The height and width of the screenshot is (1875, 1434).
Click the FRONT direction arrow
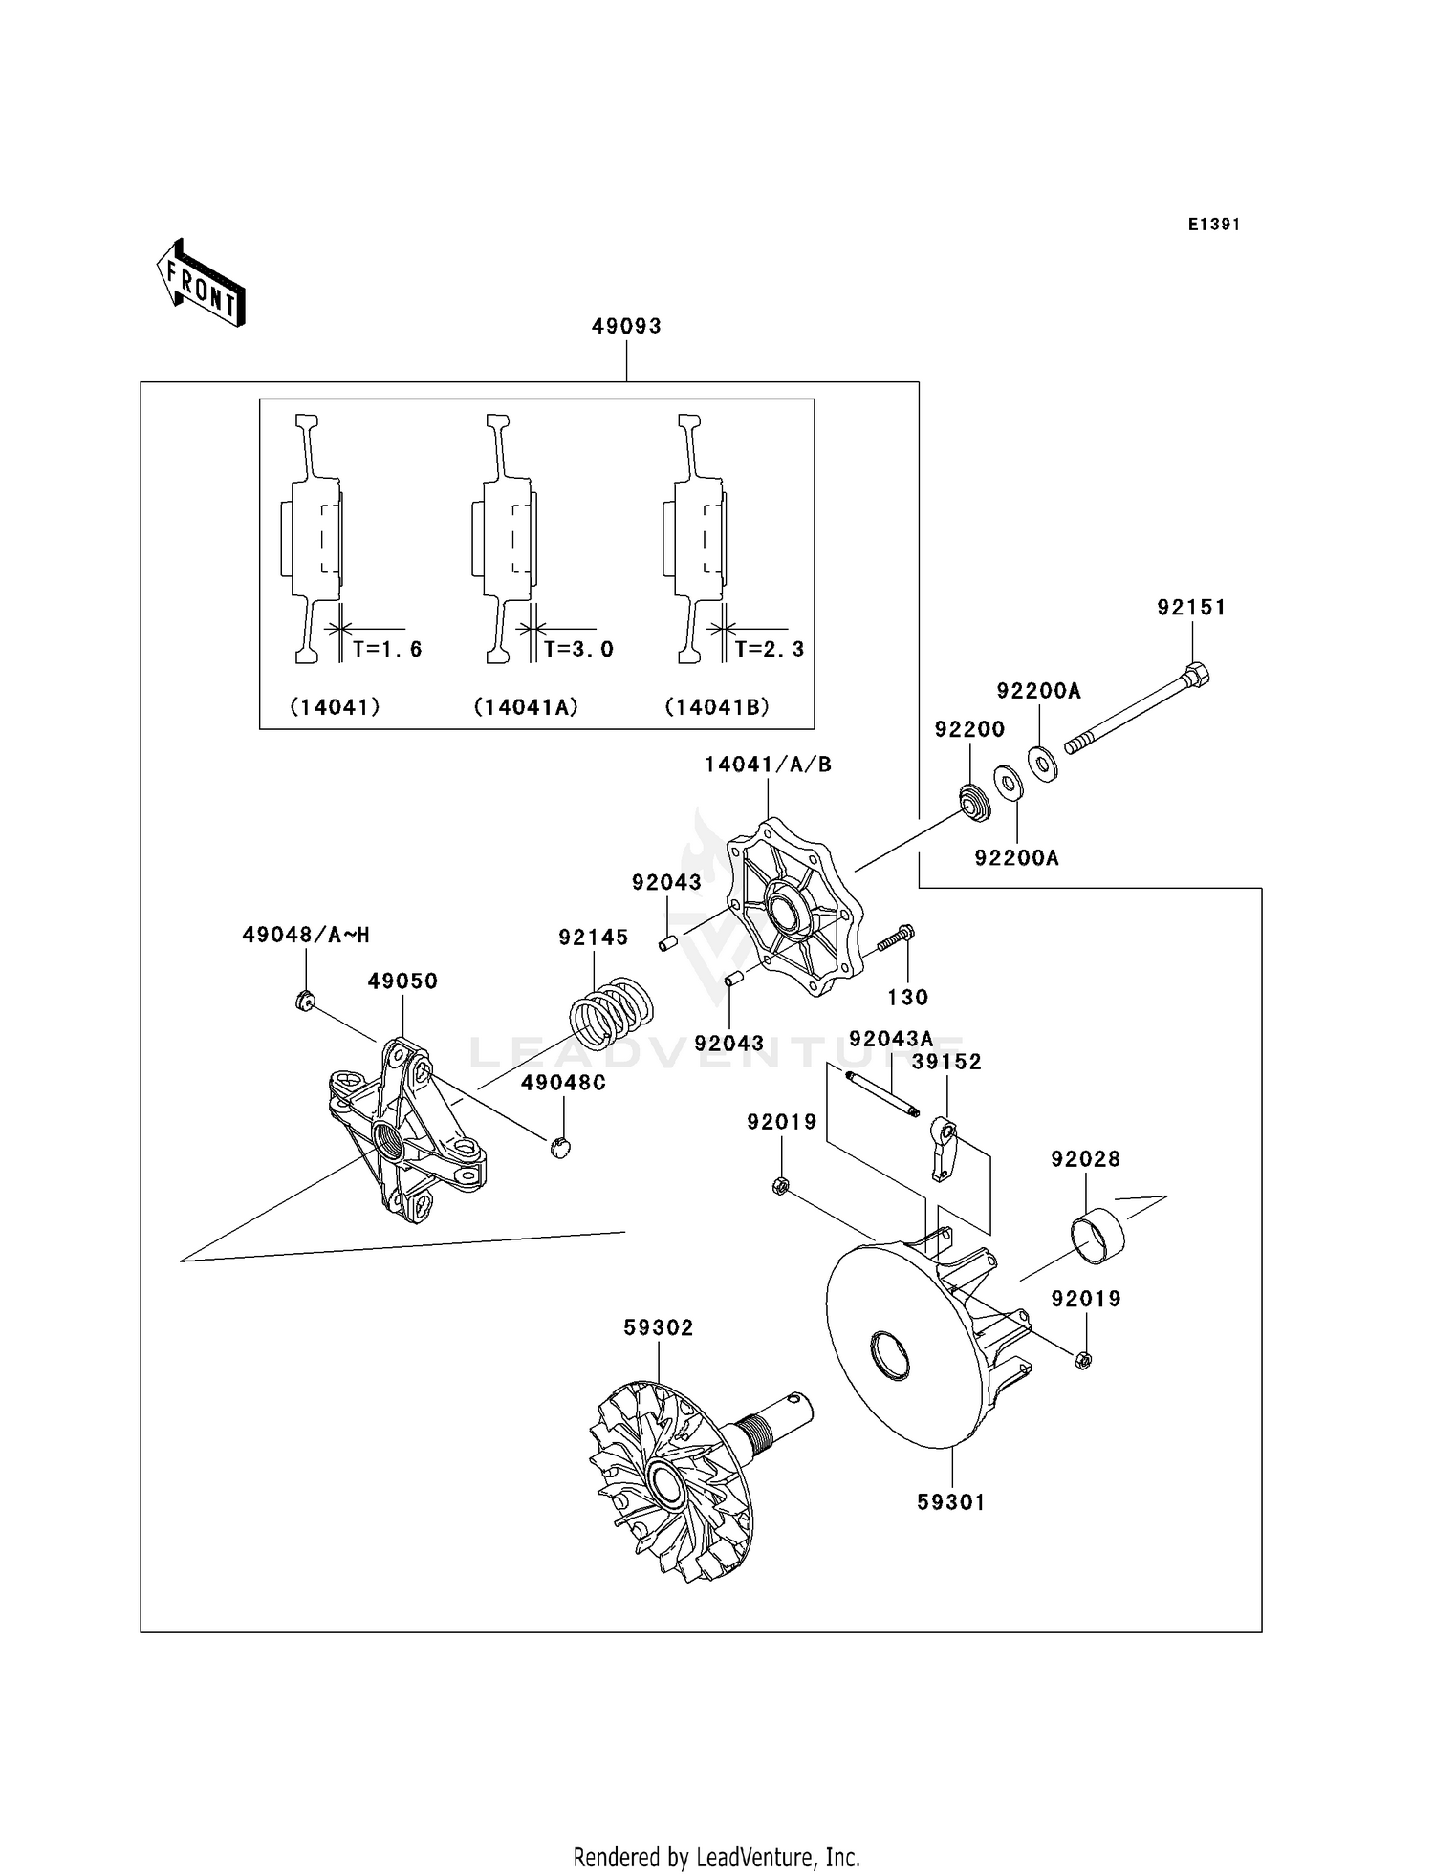click(x=201, y=284)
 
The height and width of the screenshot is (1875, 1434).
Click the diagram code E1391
click(x=1213, y=225)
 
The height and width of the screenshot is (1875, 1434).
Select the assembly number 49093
click(x=626, y=326)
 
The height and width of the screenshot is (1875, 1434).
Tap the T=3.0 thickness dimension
click(x=577, y=649)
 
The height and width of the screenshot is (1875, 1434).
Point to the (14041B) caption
click(x=717, y=707)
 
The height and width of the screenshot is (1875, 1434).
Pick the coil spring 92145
click(x=612, y=1013)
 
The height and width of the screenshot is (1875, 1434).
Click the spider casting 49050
click(x=406, y=1132)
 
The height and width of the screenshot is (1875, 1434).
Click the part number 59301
click(x=950, y=1502)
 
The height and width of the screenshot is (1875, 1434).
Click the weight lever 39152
click(x=944, y=1153)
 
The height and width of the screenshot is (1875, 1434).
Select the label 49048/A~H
click(x=305, y=935)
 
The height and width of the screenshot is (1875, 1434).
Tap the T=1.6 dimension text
click(x=386, y=649)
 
